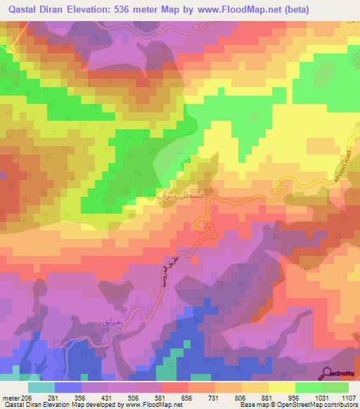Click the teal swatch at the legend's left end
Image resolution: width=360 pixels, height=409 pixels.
pos(41,387)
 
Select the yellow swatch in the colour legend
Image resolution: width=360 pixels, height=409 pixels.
pos(281,387)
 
